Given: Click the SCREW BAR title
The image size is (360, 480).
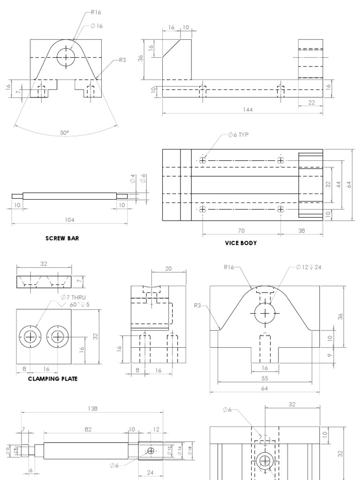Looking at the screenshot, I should point(62,238).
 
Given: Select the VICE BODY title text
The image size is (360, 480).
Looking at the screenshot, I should point(240,243).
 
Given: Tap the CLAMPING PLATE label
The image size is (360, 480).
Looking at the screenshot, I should point(52,378).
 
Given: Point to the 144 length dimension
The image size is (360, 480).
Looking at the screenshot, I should point(247,109).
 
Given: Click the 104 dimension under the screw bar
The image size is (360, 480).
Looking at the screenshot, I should point(69,219).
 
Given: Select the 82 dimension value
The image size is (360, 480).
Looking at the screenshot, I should point(88,428).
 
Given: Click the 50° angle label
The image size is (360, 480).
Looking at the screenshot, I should point(65,133).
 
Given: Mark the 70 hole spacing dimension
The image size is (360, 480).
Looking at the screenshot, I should point(241,231).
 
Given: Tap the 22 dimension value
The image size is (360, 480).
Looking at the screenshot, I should point(311,103).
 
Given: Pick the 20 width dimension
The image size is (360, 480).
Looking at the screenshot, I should point(169,268).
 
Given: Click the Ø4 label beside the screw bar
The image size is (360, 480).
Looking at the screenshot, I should point(133,179).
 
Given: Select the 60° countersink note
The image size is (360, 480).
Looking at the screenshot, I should point(78,304).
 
